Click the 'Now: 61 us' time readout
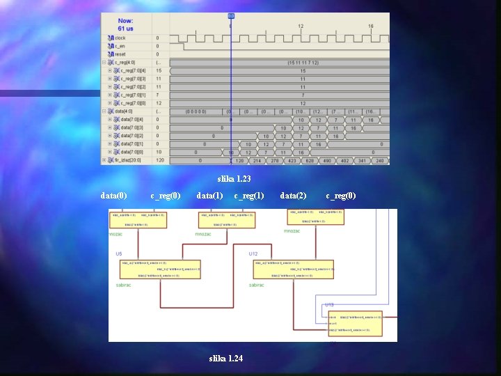tap(126, 24)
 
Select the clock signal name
tap(120, 38)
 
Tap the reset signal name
tap(120, 54)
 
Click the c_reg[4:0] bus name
tap(125, 63)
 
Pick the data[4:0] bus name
tap(125, 111)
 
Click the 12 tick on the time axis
tap(301, 26)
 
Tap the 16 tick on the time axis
tap(371, 26)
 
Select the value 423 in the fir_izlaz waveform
tap(291, 160)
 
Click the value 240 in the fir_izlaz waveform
tap(379, 160)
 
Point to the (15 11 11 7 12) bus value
tap(303, 63)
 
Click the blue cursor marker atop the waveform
tap(231, 16)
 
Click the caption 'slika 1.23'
tap(234, 180)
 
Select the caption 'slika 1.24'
tap(226, 358)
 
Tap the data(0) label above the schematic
tap(114, 196)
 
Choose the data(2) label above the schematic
tap(293, 196)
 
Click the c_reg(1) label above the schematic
tap(249, 196)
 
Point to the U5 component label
tap(119, 253)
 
